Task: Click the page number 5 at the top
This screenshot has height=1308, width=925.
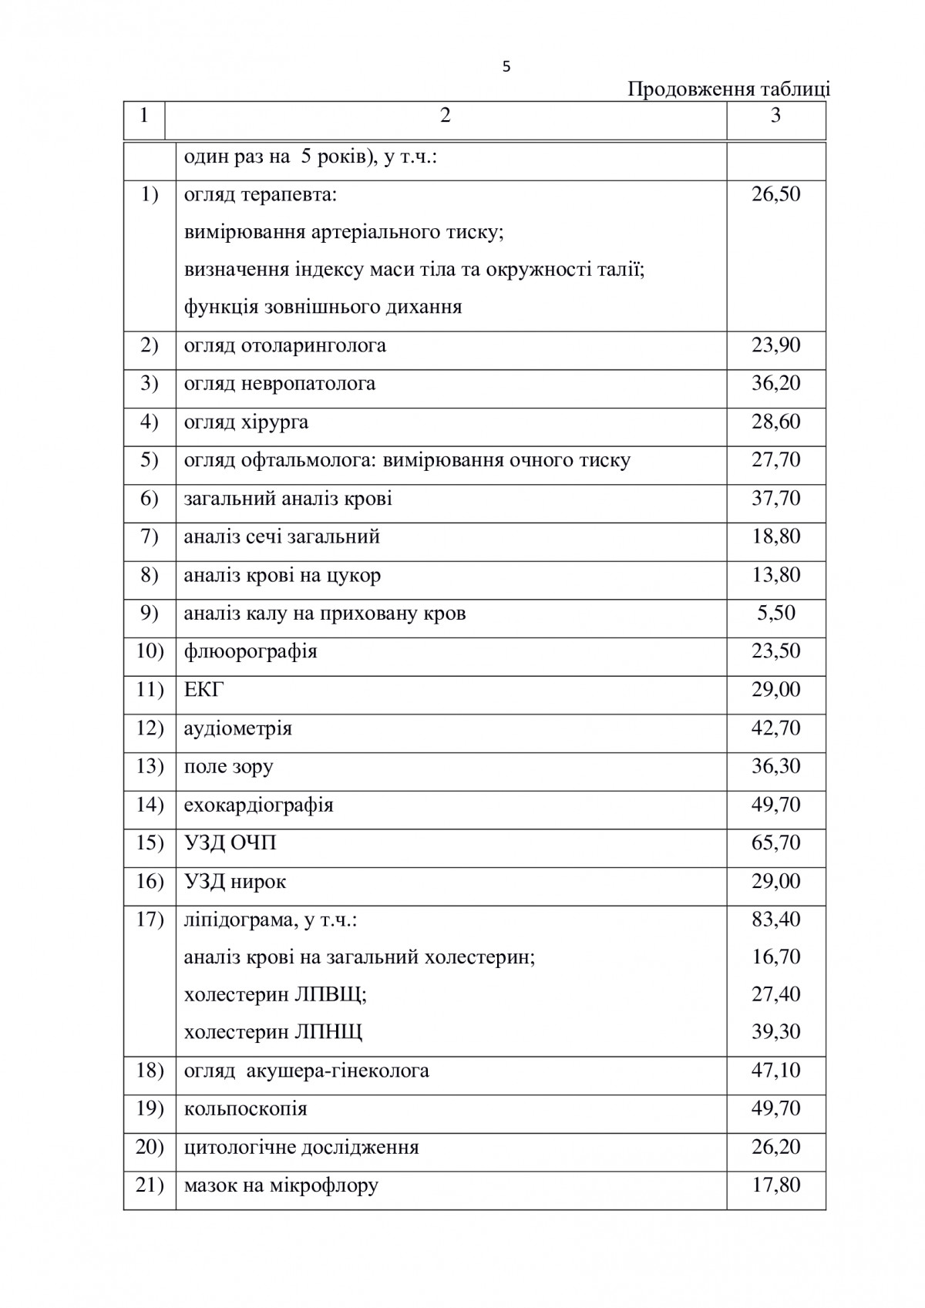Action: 506,67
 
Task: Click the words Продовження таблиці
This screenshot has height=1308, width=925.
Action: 728,89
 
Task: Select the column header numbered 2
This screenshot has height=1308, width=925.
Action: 445,116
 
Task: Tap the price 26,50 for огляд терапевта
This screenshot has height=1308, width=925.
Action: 775,193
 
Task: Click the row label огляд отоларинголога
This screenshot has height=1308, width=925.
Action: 284,345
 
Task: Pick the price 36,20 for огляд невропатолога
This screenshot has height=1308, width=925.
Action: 775,383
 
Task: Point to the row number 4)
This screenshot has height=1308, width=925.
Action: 150,422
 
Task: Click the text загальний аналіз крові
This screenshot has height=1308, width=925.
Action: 288,499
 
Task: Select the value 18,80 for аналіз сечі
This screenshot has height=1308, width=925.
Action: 775,536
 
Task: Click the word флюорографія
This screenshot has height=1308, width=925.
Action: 251,651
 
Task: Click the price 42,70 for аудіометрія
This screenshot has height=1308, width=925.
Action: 775,728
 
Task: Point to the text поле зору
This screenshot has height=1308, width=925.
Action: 228,766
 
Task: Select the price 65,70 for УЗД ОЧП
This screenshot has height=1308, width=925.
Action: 775,842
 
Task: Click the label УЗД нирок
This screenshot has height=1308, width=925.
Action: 235,881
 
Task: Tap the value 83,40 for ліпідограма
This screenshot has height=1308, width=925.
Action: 775,919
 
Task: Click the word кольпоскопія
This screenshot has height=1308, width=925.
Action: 245,1109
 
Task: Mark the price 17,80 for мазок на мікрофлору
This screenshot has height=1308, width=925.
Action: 775,1184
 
